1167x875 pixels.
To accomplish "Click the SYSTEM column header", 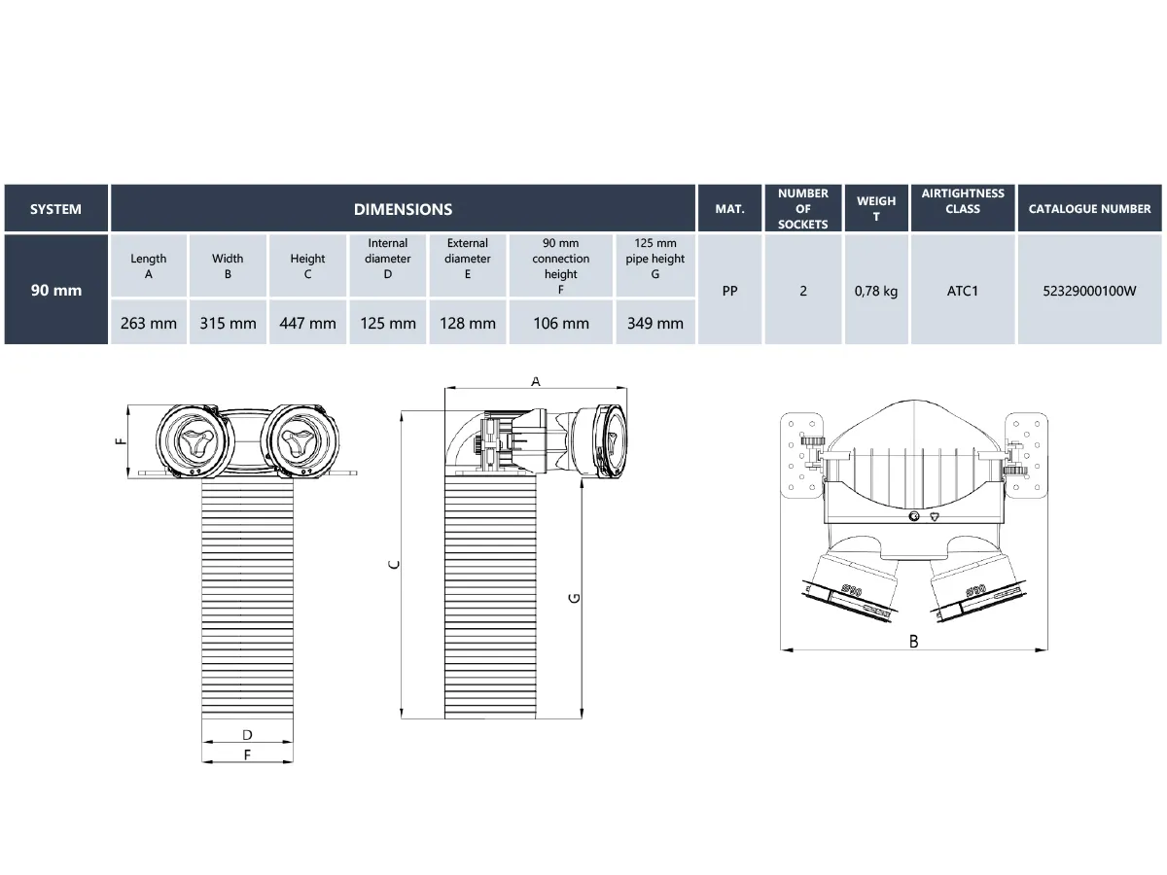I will click(x=55, y=209).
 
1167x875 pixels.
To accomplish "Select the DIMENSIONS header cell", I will click(x=403, y=209).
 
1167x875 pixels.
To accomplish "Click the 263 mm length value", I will click(x=149, y=323).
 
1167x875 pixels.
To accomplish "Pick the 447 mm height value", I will click(x=307, y=323).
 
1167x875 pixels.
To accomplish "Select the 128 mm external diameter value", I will click(x=468, y=323).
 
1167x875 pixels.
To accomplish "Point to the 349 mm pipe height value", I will click(x=654, y=323).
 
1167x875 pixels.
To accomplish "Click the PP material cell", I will click(x=730, y=290).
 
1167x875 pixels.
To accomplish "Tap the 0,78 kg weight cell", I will click(x=876, y=290).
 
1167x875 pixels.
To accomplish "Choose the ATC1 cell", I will click(x=963, y=290).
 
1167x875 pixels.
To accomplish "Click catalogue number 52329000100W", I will click(x=1089, y=290).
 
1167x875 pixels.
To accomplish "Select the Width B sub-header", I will click(x=228, y=266).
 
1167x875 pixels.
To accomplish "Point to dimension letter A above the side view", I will click(x=536, y=382).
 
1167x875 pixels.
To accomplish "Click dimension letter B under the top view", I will click(x=913, y=641).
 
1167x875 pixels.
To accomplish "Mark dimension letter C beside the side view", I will click(x=393, y=564).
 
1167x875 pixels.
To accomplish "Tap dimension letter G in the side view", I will click(x=574, y=598).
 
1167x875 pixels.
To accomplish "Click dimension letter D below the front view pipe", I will click(x=247, y=735).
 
